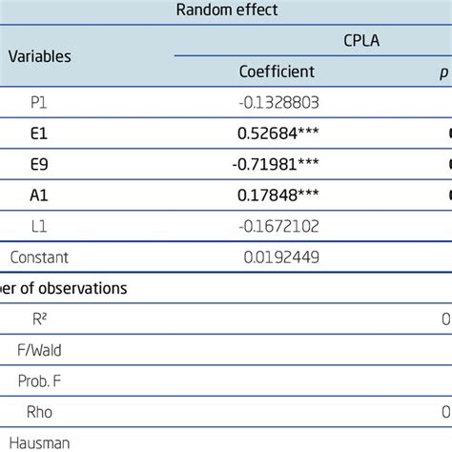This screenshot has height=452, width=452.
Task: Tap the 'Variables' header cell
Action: tap(40, 56)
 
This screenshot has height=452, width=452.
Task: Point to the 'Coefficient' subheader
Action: tap(277, 72)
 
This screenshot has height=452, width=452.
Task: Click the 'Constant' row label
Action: tap(40, 257)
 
